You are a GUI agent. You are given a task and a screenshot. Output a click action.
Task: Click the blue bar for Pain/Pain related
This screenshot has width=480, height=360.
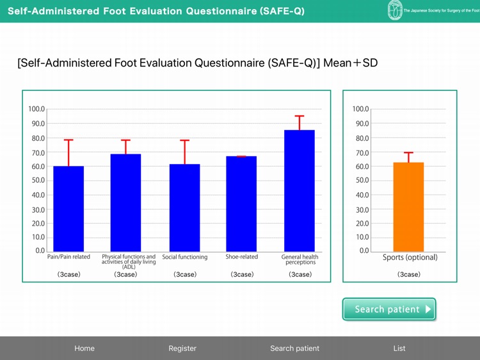(x=68, y=209)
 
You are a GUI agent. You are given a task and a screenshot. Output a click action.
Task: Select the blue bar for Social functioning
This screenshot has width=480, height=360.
(x=184, y=208)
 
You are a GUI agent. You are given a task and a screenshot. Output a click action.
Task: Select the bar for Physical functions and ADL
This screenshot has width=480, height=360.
(x=125, y=202)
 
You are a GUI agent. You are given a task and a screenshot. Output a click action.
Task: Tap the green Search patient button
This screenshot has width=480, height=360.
(x=389, y=309)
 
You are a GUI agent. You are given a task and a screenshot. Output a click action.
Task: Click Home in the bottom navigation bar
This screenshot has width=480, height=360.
(x=84, y=348)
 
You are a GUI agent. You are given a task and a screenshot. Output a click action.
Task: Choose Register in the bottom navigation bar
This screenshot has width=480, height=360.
(x=182, y=348)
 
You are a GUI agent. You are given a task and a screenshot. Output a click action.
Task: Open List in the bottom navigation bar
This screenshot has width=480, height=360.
(x=399, y=348)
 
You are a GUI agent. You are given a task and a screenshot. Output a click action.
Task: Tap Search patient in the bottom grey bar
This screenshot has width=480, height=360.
(x=294, y=348)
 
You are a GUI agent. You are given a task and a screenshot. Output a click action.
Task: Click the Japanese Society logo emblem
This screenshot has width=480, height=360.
(x=395, y=10)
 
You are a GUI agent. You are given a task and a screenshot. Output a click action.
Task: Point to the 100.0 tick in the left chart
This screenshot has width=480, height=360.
(x=36, y=110)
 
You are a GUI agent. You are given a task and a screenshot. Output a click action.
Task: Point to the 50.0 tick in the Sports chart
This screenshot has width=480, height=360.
(x=361, y=181)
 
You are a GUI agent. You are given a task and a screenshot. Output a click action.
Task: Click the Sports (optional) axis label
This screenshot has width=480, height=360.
(x=410, y=258)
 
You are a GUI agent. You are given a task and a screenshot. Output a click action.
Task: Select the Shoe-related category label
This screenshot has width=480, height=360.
(x=241, y=257)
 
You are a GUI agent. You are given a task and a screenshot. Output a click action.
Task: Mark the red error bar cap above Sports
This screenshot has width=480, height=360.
(x=408, y=152)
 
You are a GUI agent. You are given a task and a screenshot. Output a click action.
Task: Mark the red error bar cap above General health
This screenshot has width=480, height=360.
(x=300, y=116)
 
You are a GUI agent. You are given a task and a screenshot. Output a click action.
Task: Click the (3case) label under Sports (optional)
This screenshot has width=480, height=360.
(x=409, y=274)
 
